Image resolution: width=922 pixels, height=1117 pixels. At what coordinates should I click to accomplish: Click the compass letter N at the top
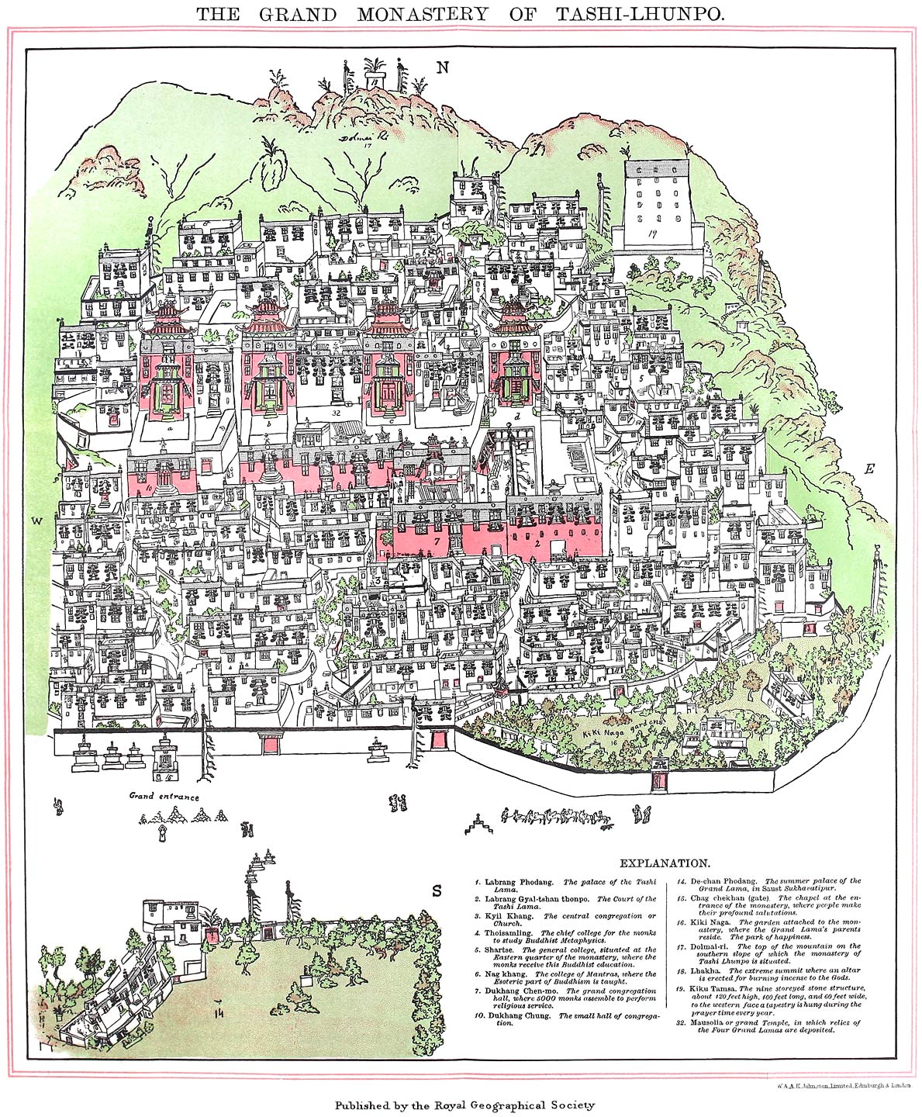pos(443,67)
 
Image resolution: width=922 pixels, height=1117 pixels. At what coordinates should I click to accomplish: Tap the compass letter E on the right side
pos(869,469)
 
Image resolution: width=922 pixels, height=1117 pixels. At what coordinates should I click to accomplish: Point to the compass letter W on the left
pos(36,521)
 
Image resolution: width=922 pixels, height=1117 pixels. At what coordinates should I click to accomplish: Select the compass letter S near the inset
pos(437,891)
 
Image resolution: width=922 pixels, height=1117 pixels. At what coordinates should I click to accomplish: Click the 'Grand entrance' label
pos(164,797)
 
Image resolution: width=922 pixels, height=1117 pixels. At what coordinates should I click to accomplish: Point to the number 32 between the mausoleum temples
pos(335,414)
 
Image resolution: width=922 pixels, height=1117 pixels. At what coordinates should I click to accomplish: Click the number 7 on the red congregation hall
pos(437,539)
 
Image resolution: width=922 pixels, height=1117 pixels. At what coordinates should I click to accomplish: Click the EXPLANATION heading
pos(664,863)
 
